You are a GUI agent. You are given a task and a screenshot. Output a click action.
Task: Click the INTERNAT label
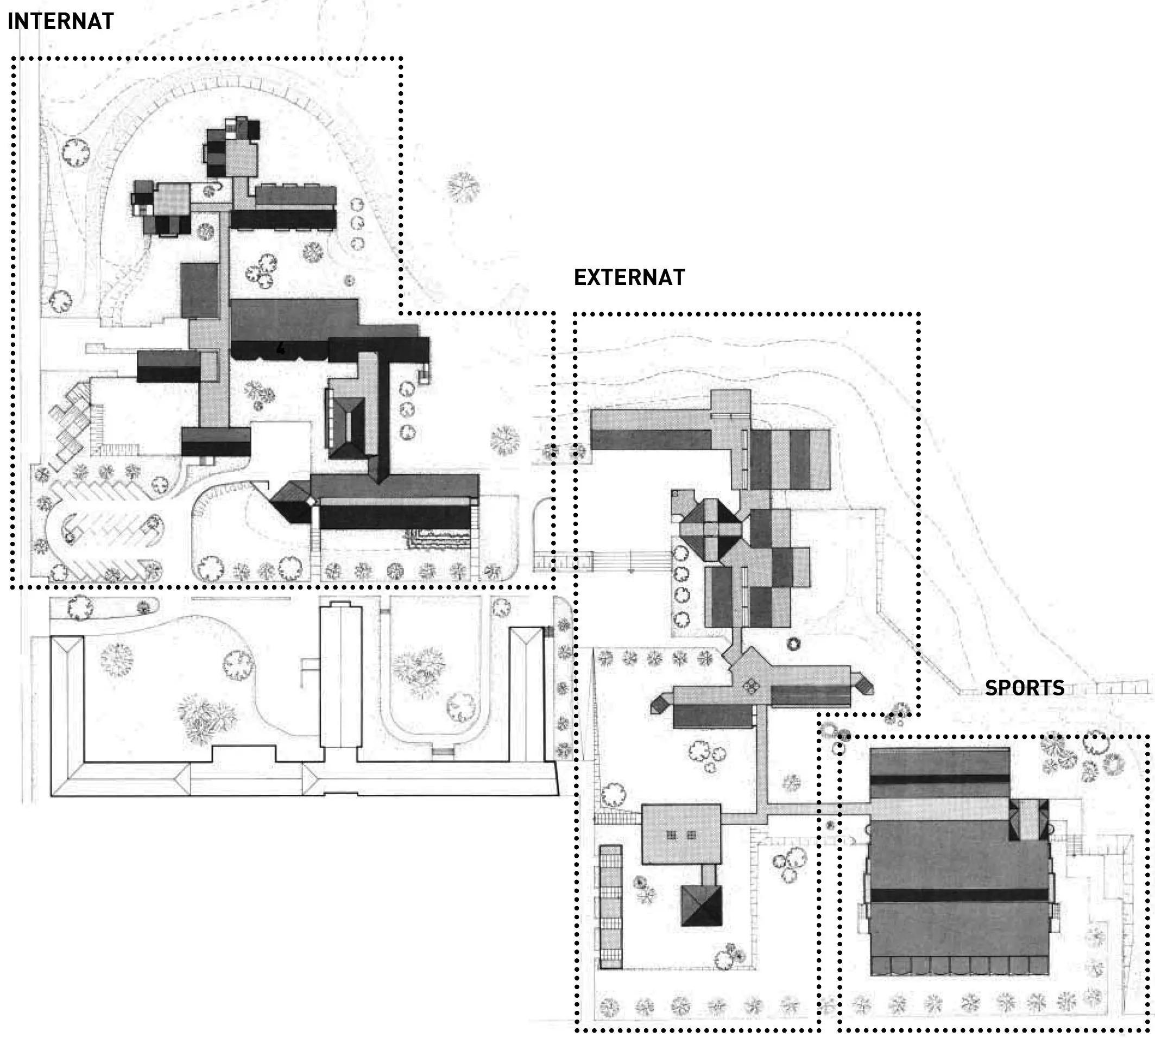(x=60, y=21)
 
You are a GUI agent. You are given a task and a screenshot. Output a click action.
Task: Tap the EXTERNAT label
(x=629, y=277)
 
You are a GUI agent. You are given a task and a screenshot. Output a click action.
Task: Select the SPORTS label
(x=1024, y=688)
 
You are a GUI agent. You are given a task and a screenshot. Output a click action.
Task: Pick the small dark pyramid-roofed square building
(x=701, y=906)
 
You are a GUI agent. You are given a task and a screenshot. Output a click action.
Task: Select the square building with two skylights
(x=681, y=834)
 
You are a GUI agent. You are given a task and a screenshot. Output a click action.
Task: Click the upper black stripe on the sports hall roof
(x=939, y=778)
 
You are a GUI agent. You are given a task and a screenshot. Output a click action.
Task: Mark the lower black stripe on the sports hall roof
(x=960, y=895)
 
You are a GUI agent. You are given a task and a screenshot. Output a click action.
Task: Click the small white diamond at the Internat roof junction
(x=311, y=501)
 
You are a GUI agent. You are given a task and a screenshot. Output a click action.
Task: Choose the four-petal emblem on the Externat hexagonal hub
(x=750, y=686)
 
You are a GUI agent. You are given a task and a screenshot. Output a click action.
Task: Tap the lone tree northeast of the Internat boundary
(x=463, y=187)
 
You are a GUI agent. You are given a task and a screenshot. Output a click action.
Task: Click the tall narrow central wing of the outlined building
(x=340, y=676)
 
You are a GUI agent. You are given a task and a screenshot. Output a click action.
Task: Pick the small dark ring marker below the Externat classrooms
(x=793, y=644)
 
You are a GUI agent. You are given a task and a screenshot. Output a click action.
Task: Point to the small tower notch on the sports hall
(x=1029, y=819)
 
